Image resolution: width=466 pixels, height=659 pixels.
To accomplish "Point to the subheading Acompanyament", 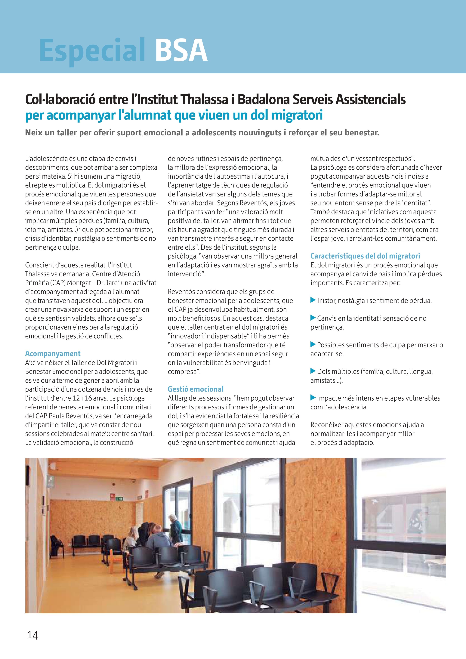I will click(x=53, y=354).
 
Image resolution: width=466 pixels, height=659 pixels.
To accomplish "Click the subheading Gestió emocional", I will click(x=196, y=389).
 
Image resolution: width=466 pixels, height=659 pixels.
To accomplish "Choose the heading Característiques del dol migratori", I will click(x=365, y=256).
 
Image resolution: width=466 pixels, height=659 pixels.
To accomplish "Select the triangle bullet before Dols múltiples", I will click(x=313, y=371).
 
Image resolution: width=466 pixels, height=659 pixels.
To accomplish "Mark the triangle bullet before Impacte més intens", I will click(x=313, y=398).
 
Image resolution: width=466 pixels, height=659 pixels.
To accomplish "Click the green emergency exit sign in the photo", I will click(x=119, y=499).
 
